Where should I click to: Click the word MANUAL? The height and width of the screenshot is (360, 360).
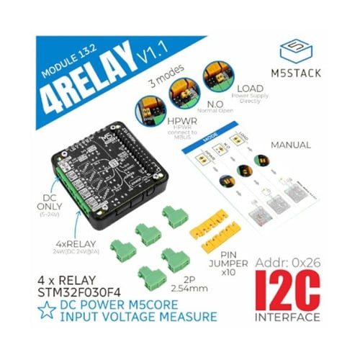[x=290, y=145]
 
